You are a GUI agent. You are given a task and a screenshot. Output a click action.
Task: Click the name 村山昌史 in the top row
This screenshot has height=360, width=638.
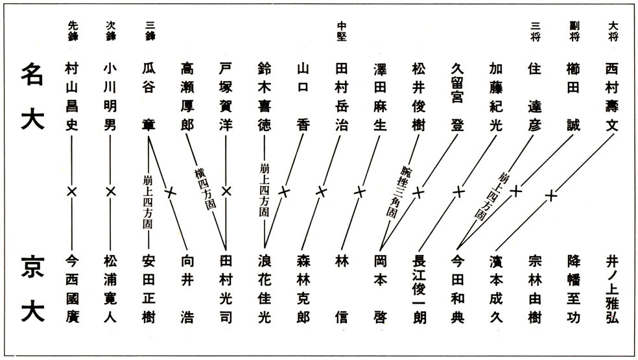[73, 97]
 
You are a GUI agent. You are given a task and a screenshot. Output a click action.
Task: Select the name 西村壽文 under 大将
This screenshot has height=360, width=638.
[611, 97]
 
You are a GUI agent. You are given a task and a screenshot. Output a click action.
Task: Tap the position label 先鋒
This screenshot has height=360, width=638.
[73, 32]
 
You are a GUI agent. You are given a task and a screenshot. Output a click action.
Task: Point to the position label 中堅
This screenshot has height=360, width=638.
[342, 32]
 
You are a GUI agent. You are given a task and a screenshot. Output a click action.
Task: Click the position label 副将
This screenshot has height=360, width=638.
[573, 32]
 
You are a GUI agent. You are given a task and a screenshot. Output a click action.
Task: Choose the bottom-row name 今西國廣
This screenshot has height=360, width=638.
[73, 288]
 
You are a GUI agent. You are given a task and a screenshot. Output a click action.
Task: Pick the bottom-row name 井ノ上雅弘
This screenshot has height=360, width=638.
[611, 288]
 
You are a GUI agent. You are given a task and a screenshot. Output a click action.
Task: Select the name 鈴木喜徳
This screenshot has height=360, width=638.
[265, 97]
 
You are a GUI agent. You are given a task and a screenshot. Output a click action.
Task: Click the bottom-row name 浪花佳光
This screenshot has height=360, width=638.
[265, 288]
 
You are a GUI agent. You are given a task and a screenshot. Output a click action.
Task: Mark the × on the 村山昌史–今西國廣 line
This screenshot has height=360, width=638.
[73, 191]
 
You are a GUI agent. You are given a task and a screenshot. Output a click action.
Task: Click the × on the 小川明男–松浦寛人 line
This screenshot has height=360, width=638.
[111, 191]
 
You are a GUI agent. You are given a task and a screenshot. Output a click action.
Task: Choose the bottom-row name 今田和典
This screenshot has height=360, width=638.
[457, 288]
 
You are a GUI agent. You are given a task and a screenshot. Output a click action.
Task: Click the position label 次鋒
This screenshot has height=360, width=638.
[111, 32]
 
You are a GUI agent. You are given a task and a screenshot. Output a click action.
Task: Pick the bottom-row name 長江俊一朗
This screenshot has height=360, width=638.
[418, 288]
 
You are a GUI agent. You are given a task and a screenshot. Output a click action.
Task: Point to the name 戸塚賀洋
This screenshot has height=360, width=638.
[226, 97]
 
